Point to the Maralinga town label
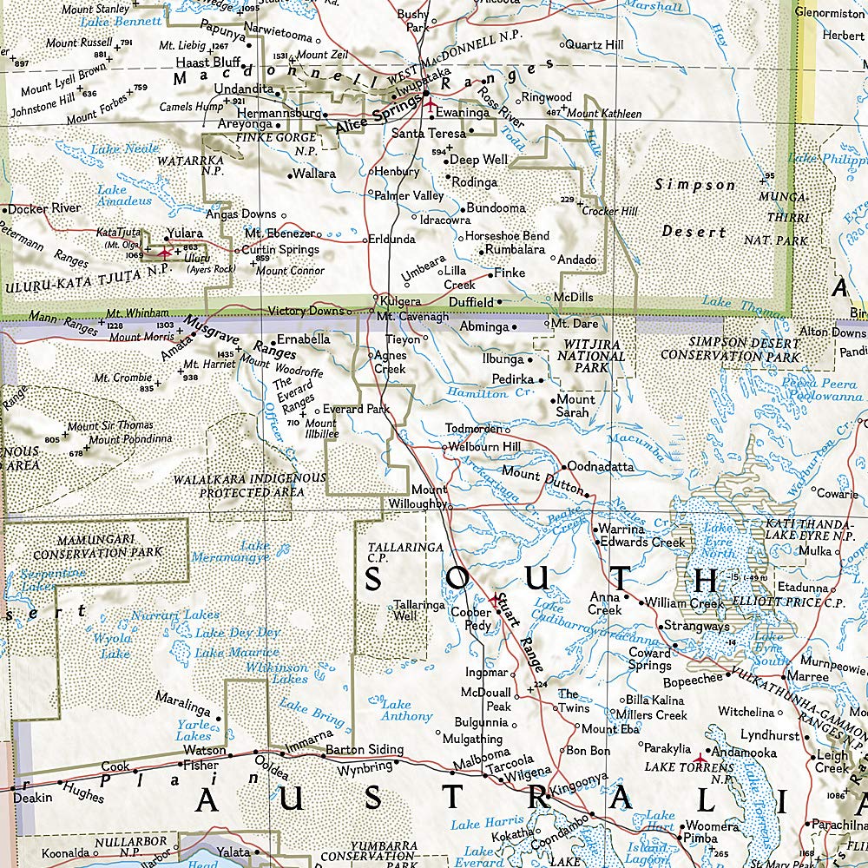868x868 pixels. [x=183, y=697]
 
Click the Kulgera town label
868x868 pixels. [x=400, y=300]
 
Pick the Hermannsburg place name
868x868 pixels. [x=278, y=114]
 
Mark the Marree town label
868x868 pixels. [x=807, y=676]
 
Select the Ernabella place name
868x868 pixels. [x=303, y=339]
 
